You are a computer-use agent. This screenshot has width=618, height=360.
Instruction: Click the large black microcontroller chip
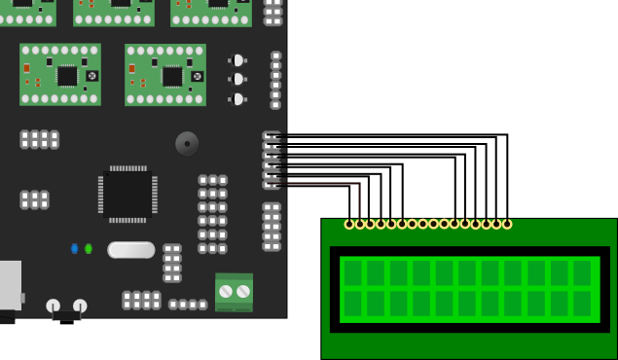point(127,194)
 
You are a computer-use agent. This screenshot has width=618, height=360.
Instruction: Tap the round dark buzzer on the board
point(187,143)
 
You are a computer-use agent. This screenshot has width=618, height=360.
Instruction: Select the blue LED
point(75,249)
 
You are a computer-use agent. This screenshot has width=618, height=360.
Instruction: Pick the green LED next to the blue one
point(89,249)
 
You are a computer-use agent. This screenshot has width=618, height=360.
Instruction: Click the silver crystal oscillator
point(131,250)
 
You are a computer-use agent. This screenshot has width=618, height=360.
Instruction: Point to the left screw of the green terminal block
point(226,291)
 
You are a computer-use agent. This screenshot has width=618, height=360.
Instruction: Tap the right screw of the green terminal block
point(243,291)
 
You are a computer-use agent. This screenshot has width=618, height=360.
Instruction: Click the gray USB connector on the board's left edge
point(10,285)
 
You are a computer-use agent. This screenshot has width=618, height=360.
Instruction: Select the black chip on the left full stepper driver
point(67,76)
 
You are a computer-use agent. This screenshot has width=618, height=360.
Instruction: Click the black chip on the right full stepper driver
point(172,76)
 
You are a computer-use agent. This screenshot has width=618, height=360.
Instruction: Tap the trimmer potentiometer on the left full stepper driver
point(92,76)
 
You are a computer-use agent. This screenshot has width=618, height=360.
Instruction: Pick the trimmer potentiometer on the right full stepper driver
point(198,76)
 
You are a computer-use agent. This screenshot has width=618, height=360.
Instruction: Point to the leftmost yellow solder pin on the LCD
point(349,224)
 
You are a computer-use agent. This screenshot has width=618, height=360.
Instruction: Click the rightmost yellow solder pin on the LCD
point(506,224)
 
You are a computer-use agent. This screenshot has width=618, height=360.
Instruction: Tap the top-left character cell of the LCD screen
point(352,272)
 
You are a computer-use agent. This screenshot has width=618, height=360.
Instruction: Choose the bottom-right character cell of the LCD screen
point(582,304)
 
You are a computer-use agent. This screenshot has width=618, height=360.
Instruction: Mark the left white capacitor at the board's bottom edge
point(54,306)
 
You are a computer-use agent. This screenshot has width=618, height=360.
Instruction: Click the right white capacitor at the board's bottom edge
point(80,306)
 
